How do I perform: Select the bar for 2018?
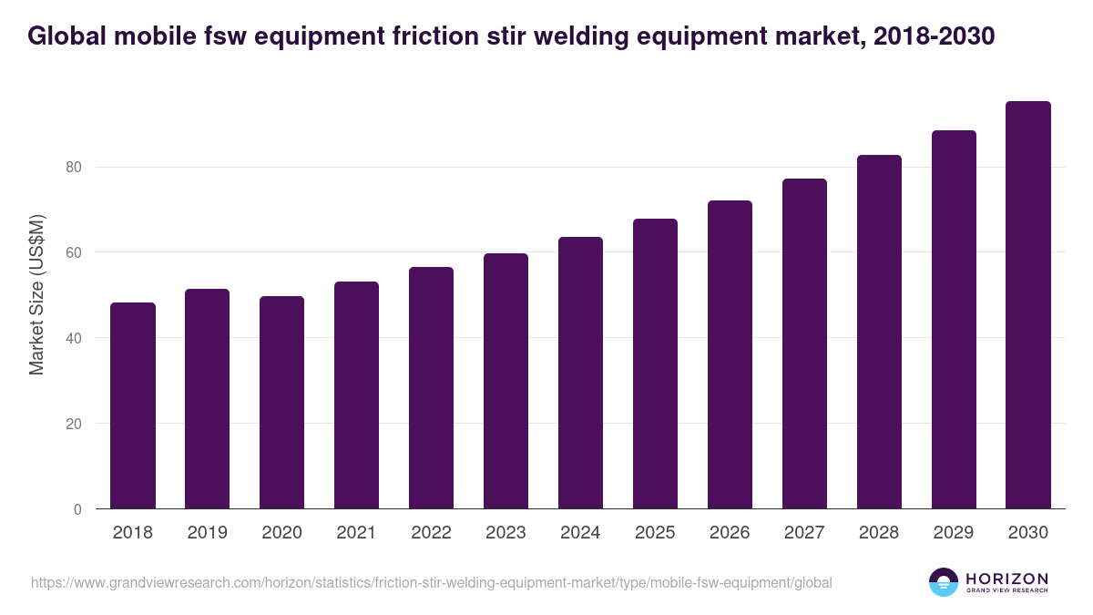(x=132, y=405)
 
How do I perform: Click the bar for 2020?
(x=281, y=402)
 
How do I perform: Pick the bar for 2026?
(x=730, y=354)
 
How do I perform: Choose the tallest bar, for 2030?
(x=1028, y=305)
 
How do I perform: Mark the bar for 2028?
(x=879, y=332)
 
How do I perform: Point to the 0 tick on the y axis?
(x=77, y=509)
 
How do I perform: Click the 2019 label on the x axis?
(x=207, y=533)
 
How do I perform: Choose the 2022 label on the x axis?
(x=431, y=533)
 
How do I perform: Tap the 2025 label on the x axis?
(x=655, y=533)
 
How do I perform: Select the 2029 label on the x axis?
(x=954, y=533)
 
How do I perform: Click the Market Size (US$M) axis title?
(x=36, y=295)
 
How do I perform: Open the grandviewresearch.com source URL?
(x=431, y=582)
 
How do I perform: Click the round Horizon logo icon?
(x=943, y=582)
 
